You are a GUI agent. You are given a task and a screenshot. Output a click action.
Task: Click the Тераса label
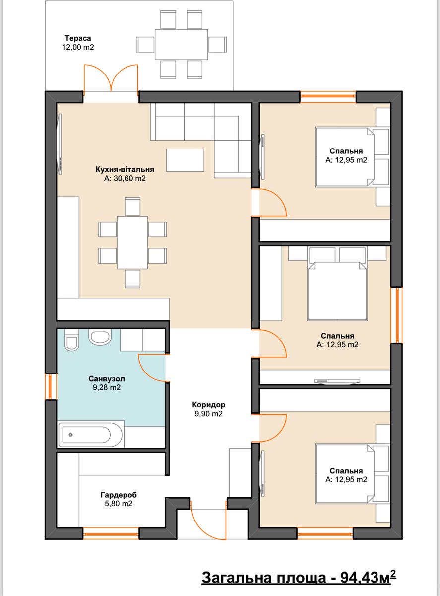(x=78, y=38)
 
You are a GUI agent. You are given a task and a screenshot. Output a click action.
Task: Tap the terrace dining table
(x=182, y=44)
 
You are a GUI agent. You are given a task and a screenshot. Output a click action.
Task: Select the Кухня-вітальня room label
(x=125, y=169)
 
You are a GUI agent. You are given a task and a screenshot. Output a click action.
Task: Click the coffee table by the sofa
(x=185, y=160)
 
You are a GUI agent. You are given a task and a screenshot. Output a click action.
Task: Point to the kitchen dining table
(x=132, y=242)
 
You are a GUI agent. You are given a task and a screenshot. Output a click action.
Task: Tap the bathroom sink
(x=100, y=337)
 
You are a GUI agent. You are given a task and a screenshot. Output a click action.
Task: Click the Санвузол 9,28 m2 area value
(x=107, y=387)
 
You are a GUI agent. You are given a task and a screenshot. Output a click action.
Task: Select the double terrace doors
(x=111, y=78)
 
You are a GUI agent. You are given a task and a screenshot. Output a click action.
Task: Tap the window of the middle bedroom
(x=396, y=315)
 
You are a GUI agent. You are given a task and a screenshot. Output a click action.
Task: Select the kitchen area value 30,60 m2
(x=125, y=178)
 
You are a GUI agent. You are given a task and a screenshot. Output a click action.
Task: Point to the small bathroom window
(x=51, y=387)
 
